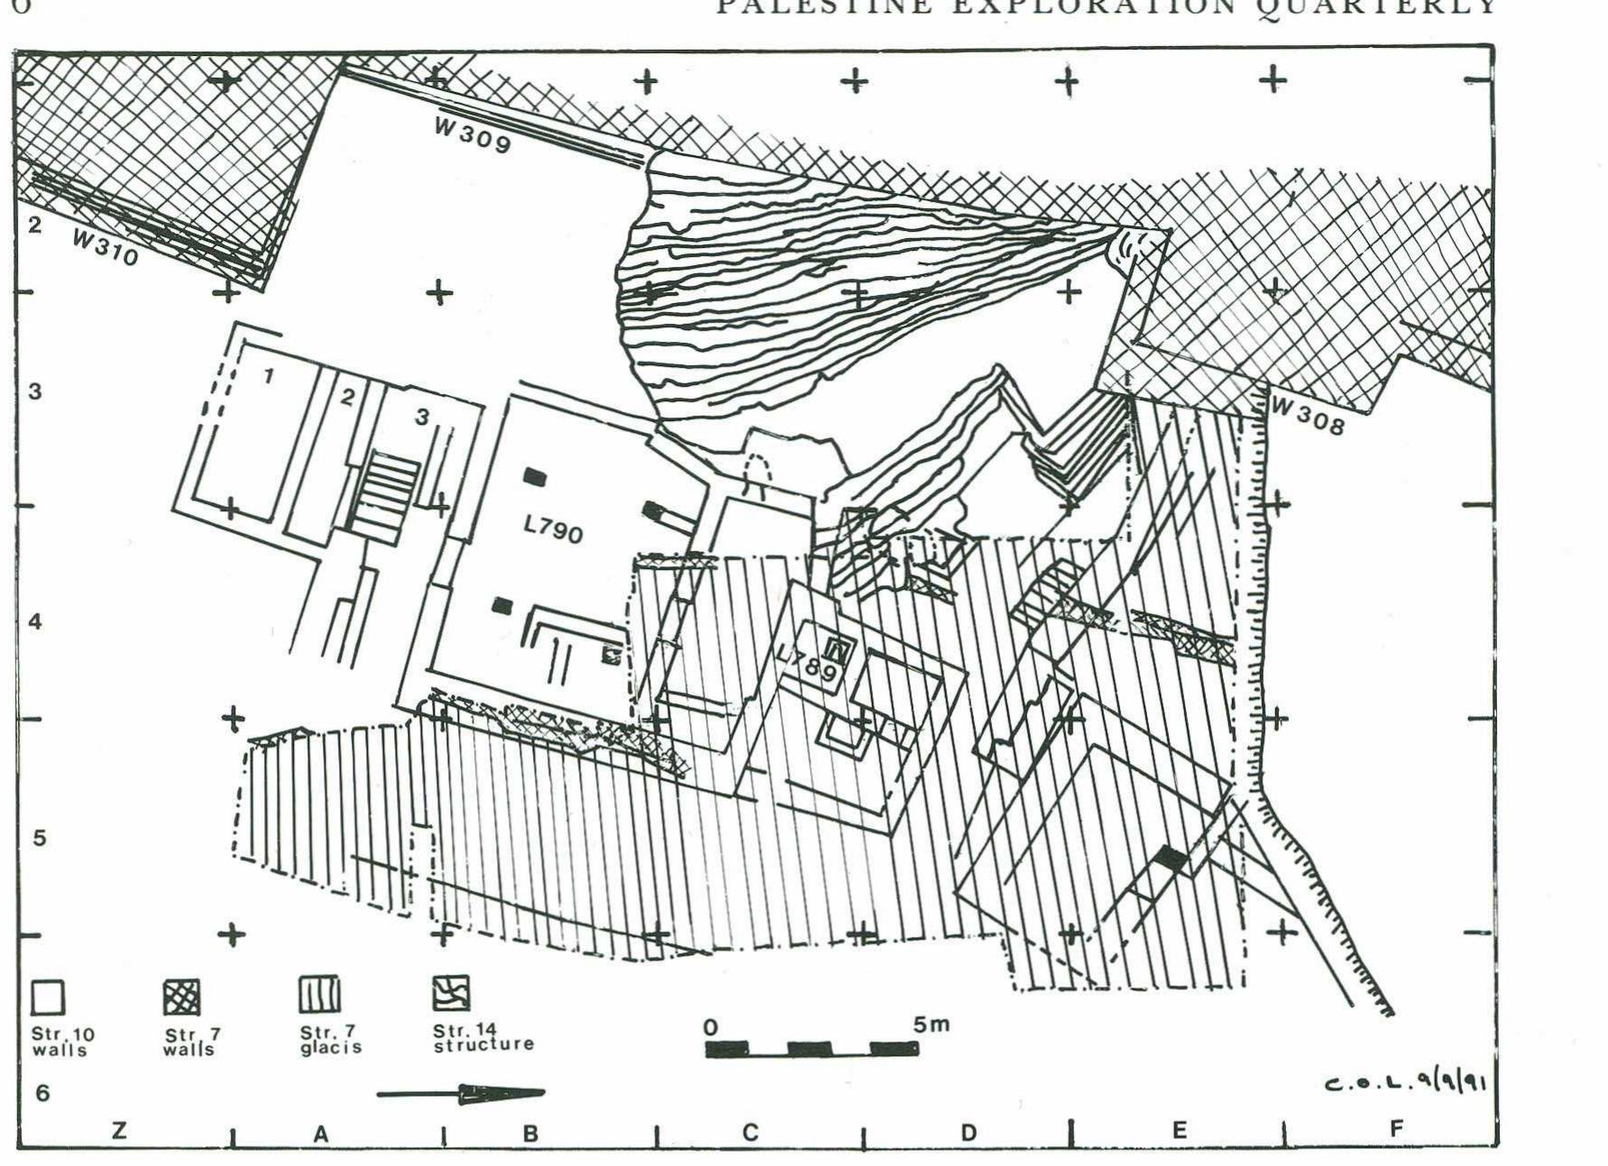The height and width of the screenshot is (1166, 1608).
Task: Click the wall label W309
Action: pos(473,136)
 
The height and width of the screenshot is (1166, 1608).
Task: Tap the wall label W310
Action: pos(106,246)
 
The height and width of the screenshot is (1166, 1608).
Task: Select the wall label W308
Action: pos(1307,416)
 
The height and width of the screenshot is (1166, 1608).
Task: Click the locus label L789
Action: pos(809,665)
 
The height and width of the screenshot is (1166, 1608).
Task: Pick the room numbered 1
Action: pos(268,375)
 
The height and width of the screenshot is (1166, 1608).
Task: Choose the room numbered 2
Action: pos(347,396)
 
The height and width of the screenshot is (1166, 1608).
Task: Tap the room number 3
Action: pos(421,417)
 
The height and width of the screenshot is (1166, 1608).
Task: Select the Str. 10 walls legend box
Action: pos(49,998)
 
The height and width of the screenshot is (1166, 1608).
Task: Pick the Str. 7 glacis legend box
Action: pos(318,994)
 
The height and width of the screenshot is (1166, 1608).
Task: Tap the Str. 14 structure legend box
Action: pos(451,993)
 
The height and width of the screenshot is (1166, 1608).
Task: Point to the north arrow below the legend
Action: pos(461,1094)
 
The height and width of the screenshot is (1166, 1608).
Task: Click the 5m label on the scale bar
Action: pos(931,1024)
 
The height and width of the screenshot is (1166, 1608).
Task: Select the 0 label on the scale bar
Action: pos(711,1027)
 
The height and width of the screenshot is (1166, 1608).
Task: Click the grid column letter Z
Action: pos(119,1132)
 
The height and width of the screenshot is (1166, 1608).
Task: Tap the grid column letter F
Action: pos(1396,1128)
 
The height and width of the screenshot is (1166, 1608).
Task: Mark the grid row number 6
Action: pos(41,1093)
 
